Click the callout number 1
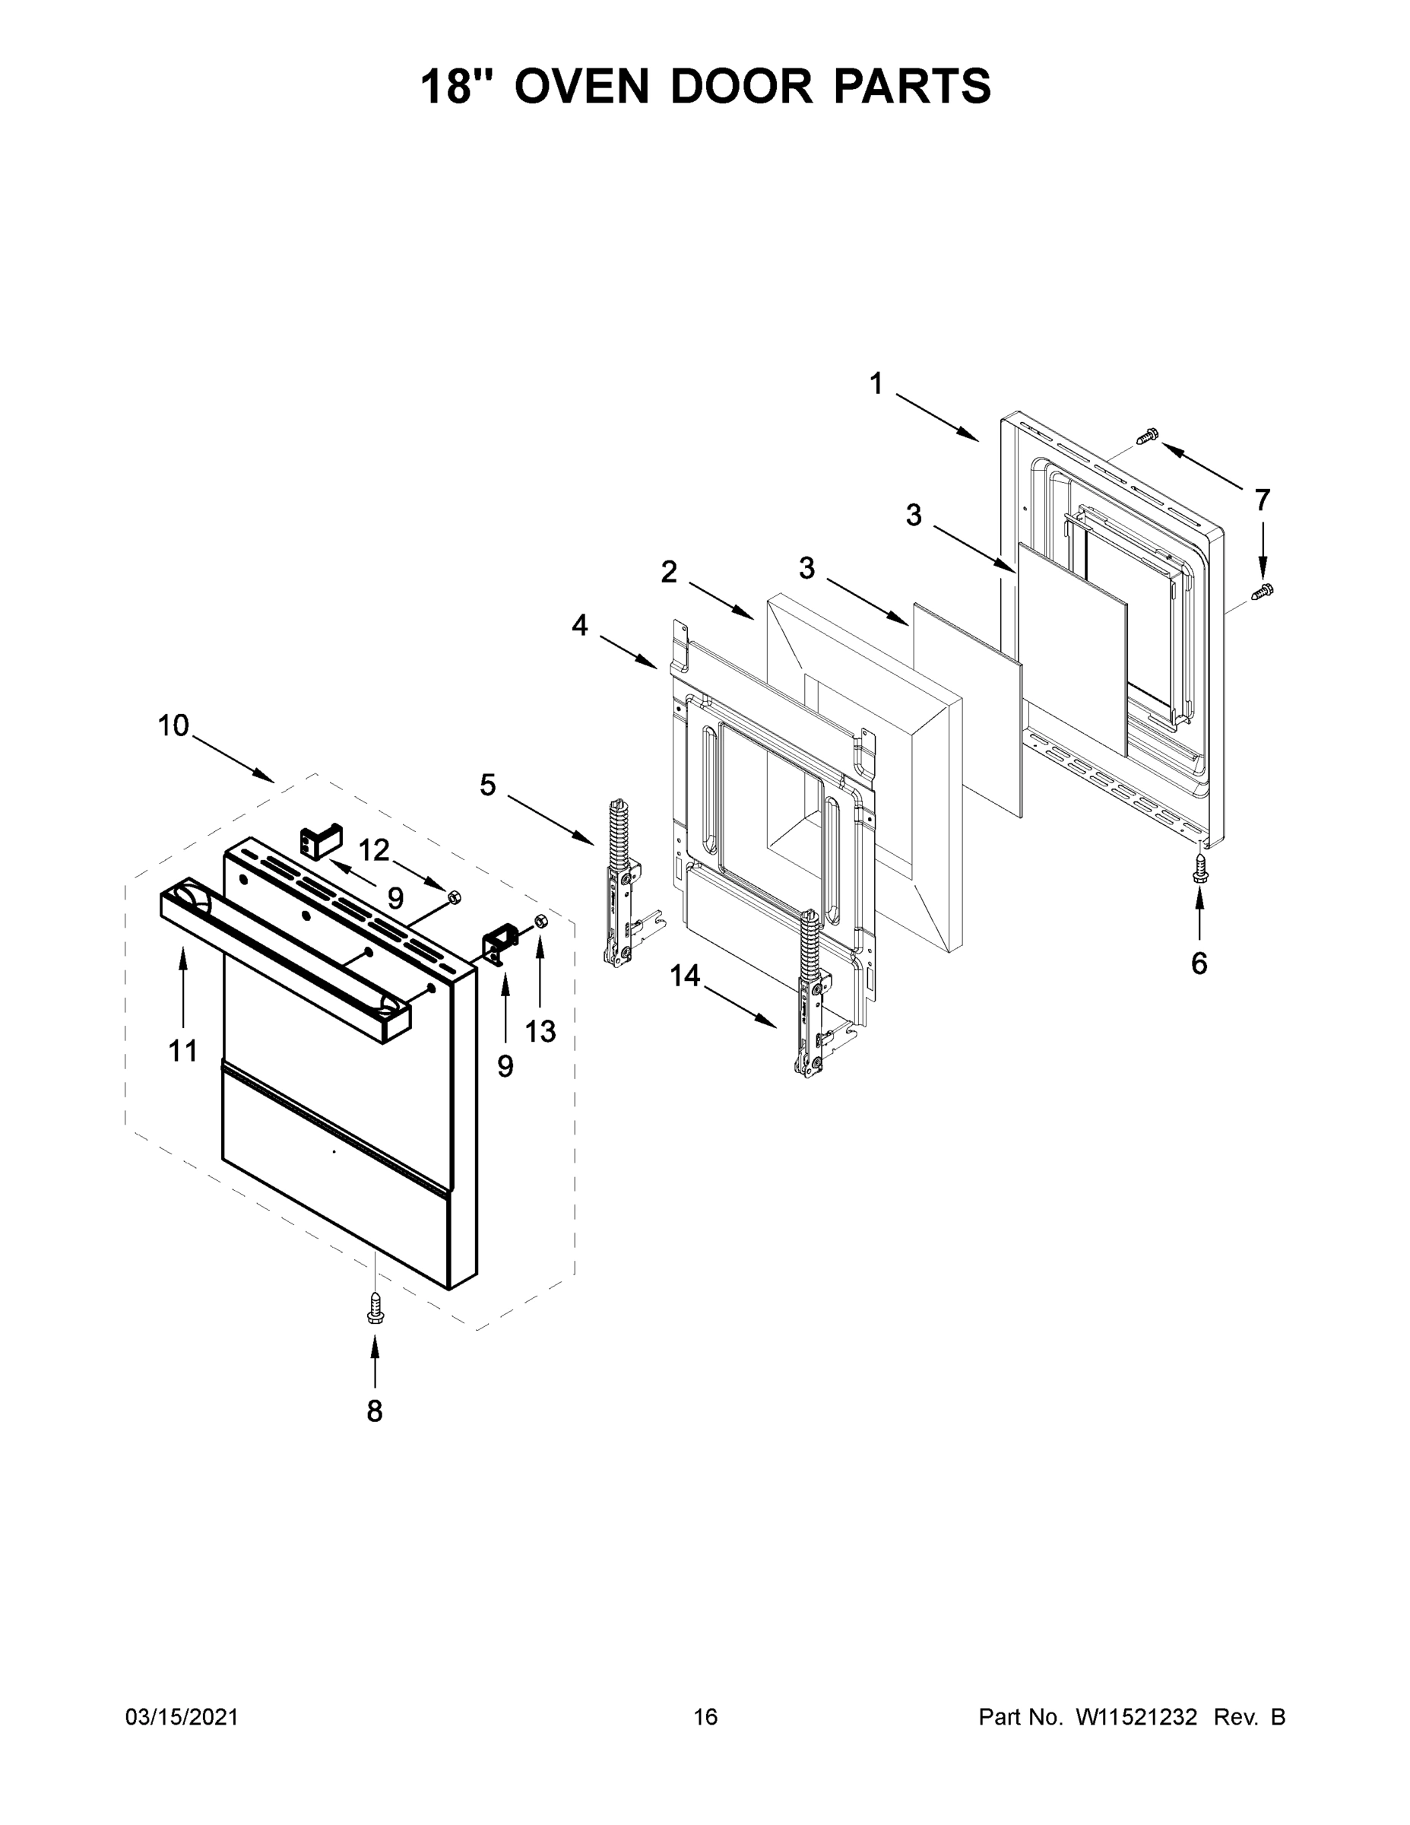[876, 384]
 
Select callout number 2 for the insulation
[669, 573]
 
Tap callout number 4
[580, 625]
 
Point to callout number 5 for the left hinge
[488, 786]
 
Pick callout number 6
[1199, 964]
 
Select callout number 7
[1262, 500]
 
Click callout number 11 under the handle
[183, 1051]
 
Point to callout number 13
[540, 1032]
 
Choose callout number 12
[374, 851]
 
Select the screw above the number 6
[1199, 870]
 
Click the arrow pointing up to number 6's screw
[1199, 914]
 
